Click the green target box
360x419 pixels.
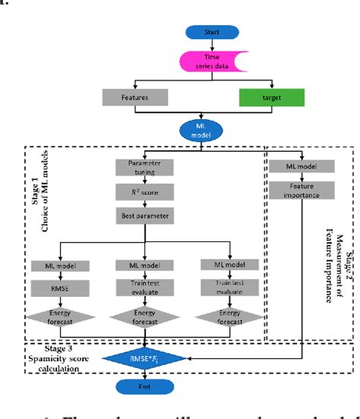[271, 97]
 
